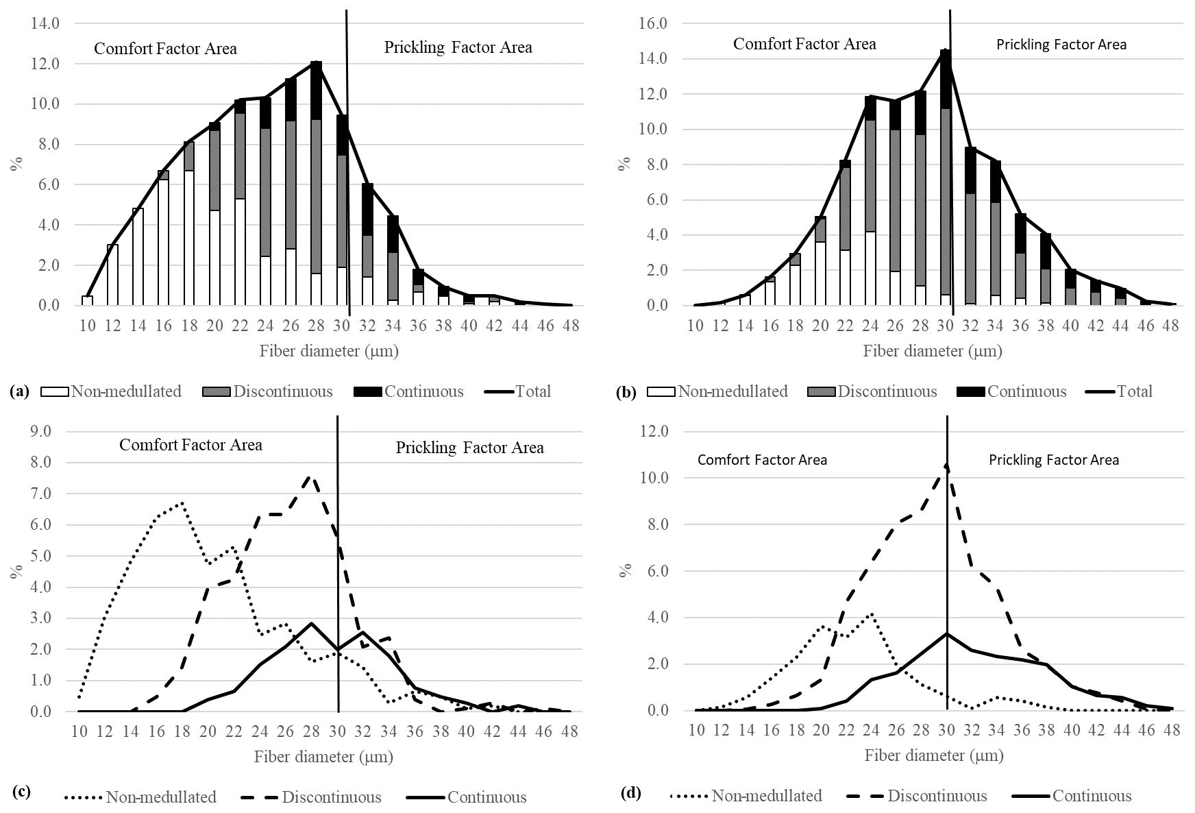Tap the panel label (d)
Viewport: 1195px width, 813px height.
[630, 794]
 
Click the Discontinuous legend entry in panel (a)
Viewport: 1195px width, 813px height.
[283, 391]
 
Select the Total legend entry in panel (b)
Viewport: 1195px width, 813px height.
[1135, 391]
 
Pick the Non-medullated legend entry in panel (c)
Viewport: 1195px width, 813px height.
[161, 797]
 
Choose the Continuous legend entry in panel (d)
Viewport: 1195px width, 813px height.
[1092, 796]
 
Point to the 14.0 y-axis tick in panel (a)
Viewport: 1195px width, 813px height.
[46, 23]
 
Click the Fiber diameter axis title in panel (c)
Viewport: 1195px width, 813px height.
[323, 757]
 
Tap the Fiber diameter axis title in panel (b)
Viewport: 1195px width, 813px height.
[933, 352]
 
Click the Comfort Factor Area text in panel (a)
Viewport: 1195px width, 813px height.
[165, 49]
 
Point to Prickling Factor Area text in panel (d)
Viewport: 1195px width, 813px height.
[1053, 460]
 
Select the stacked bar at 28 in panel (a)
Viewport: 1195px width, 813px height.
[316, 184]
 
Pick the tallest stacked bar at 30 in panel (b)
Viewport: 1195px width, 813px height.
[946, 178]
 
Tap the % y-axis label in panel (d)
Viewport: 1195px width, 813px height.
[625, 571]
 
